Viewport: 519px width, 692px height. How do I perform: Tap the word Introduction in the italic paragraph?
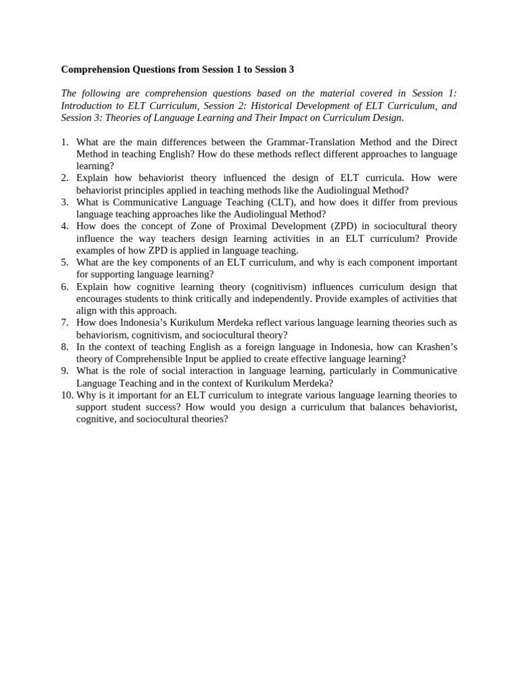point(87,105)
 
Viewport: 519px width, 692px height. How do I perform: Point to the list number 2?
point(65,178)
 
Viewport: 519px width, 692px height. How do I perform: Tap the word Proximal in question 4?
point(226,226)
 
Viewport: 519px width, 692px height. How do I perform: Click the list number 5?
point(65,262)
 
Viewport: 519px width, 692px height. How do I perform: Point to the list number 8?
point(65,347)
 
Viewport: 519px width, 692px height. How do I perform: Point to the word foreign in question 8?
point(247,347)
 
